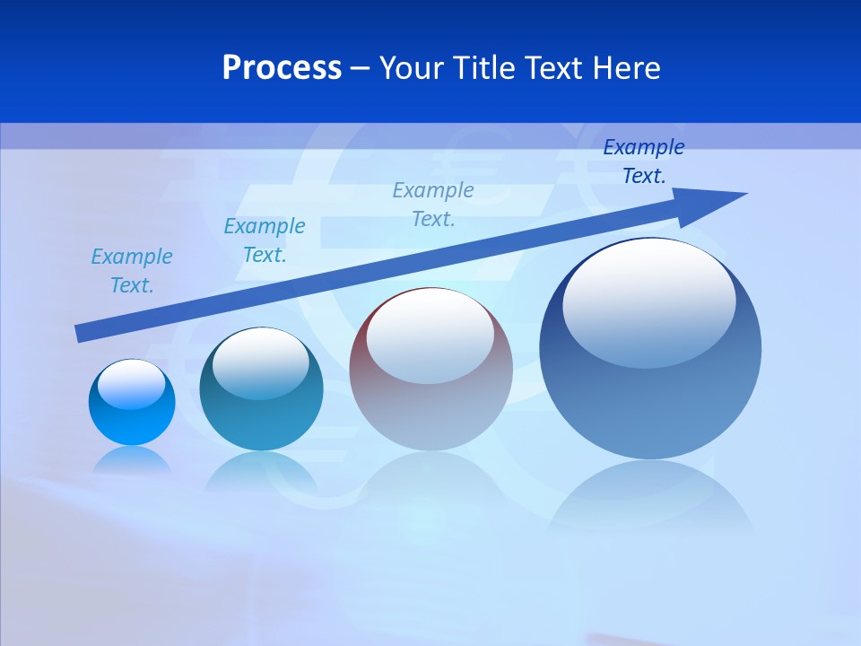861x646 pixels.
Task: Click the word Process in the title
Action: click(282, 68)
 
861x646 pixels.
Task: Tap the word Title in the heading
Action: click(483, 68)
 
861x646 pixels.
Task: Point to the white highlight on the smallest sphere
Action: click(132, 384)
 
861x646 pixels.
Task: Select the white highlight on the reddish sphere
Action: click(430, 336)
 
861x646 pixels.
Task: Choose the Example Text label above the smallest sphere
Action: click(131, 271)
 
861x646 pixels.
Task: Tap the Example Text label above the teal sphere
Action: click(265, 240)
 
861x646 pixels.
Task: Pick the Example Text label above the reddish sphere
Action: click(433, 205)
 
